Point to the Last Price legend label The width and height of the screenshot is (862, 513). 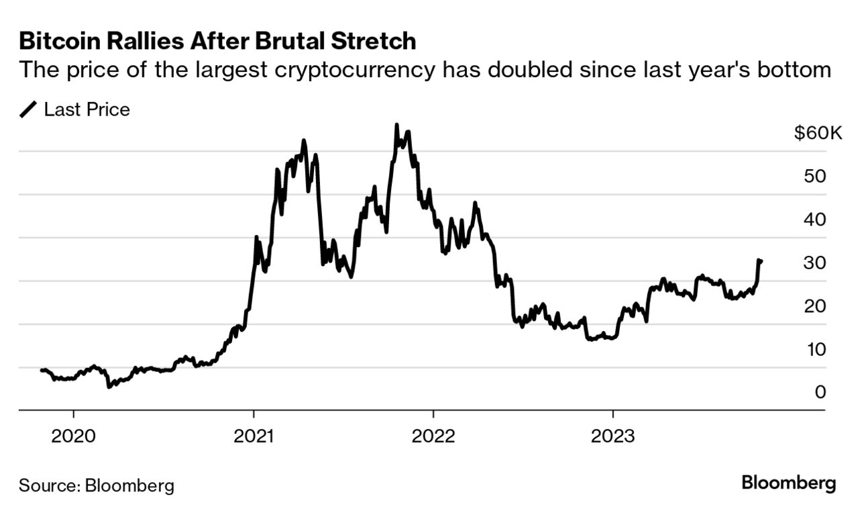tap(87, 109)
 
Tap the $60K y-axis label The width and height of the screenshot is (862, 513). tap(816, 134)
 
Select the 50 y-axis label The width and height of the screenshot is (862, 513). tap(814, 177)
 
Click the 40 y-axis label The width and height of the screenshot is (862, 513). tap(814, 220)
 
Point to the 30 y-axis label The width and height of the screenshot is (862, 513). tap(814, 263)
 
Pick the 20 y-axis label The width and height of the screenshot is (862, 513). tap(814, 306)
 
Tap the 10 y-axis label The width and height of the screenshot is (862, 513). tap(814, 349)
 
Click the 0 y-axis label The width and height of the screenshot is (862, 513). tap(820, 392)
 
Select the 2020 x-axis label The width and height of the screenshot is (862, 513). tap(73, 436)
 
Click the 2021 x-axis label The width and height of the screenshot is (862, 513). tap(254, 436)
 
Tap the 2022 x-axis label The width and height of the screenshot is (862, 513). tap(433, 436)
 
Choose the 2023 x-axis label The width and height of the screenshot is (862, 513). tap(612, 436)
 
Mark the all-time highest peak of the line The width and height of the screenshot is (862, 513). tap(396, 125)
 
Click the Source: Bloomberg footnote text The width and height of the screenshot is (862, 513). tap(96, 485)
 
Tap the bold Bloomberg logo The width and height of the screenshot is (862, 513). tap(789, 483)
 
